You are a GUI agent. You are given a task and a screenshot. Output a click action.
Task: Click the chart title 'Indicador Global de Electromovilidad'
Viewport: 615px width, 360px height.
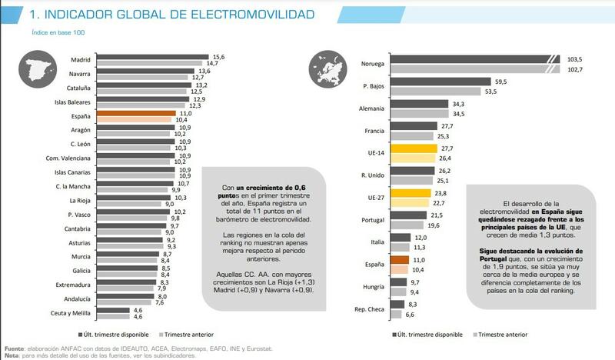pos(157,15)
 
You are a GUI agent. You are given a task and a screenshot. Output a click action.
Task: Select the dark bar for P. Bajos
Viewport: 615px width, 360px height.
pos(450,81)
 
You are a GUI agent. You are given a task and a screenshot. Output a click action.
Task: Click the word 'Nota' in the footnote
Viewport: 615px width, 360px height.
pos(12,355)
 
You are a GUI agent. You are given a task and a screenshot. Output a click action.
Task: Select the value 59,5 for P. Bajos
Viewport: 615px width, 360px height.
pos(502,81)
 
